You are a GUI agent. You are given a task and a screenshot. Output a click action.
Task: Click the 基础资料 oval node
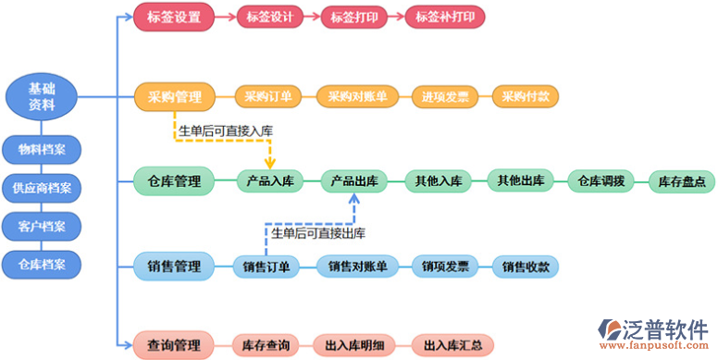[x=41, y=97]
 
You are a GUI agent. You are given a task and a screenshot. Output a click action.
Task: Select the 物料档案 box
[x=41, y=149]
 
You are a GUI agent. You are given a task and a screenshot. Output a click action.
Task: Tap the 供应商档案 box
[x=41, y=188]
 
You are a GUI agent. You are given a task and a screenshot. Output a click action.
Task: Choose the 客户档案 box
[x=41, y=227]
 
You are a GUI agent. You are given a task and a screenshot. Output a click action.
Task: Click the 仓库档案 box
[x=41, y=265]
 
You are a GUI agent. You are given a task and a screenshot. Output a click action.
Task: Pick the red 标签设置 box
[x=174, y=17]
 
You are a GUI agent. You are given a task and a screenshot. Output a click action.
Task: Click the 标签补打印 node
[x=444, y=17]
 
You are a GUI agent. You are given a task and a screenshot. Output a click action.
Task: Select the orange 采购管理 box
[x=174, y=96]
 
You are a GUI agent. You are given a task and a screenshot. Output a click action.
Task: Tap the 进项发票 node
[x=445, y=96]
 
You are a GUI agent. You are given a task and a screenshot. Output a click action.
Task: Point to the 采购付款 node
[x=526, y=96]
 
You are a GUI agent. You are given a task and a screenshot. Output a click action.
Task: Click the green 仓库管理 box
[x=174, y=180]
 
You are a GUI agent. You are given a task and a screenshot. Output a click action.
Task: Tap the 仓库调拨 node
[x=601, y=180]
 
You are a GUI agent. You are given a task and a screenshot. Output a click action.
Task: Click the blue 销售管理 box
[x=174, y=267]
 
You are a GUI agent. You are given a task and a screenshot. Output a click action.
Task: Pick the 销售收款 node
[x=526, y=267]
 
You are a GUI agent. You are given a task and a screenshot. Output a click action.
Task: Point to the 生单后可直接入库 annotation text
[x=226, y=131]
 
